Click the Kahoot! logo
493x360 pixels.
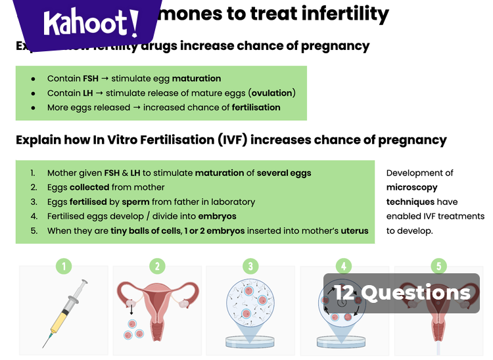point(91,24)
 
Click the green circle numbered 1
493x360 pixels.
point(64,266)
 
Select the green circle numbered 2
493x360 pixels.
point(157,266)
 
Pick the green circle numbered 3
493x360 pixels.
point(250,266)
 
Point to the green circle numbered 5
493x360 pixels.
point(438,266)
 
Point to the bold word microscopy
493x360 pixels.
point(411,187)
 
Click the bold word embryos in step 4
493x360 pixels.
point(216,216)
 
